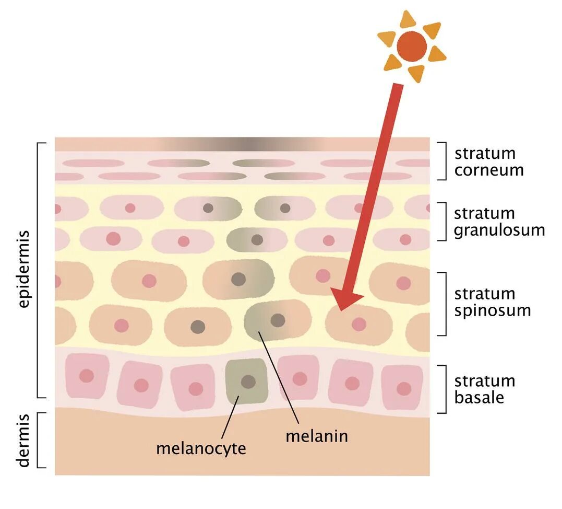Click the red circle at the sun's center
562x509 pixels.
[x=411, y=47]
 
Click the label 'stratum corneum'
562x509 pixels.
[x=488, y=161]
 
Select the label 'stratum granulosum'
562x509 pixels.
[x=499, y=222]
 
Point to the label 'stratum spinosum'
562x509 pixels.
[x=492, y=302]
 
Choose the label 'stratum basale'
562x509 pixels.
[x=484, y=389]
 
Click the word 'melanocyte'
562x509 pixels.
[x=201, y=448]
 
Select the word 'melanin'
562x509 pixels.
[x=316, y=435]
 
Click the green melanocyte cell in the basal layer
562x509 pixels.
[x=245, y=383]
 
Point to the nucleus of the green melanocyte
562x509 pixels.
[x=248, y=381]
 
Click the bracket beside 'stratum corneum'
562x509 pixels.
[x=444, y=161]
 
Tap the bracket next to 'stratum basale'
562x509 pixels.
[x=444, y=389]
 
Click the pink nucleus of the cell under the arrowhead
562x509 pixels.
[x=358, y=325]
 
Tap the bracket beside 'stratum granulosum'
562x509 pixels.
[x=444, y=222]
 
